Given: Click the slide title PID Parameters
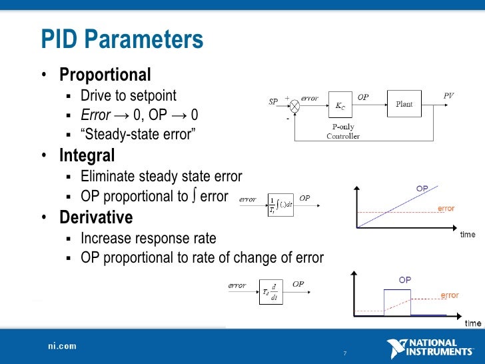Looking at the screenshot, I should (122, 40).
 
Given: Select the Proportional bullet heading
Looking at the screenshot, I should (105, 75).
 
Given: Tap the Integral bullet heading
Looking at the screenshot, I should (87, 156).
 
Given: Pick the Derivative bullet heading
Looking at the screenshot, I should (96, 217).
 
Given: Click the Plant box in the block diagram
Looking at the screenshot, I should (404, 105).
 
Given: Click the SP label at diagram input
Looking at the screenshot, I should (273, 102).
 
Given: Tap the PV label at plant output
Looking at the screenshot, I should (448, 96).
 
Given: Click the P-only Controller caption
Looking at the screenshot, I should (342, 132).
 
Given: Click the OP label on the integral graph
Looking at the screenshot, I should (422, 189).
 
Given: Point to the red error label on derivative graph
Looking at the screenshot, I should (450, 295).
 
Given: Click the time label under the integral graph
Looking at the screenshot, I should (468, 235).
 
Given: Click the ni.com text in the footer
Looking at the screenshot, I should (62, 346).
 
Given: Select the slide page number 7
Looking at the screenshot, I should (344, 353).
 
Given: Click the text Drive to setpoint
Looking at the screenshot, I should (128, 95).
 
